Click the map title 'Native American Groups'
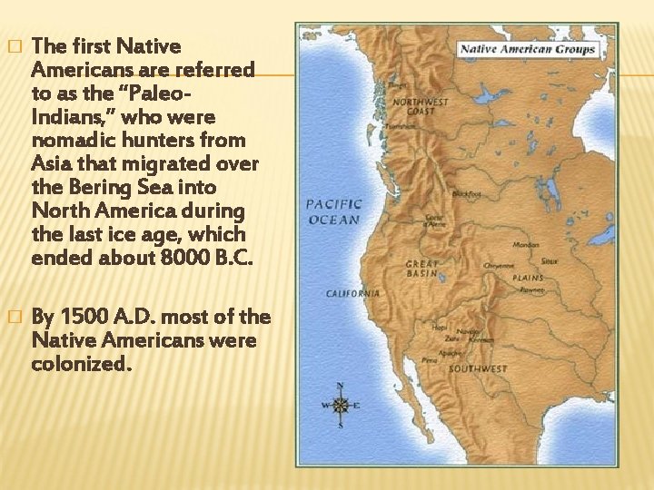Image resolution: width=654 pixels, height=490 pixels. coord(527,49)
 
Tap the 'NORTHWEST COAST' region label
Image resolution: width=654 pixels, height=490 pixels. coord(420,106)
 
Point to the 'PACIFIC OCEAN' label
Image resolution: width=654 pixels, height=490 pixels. coord(333,211)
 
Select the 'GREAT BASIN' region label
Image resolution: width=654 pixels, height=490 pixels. coord(422,268)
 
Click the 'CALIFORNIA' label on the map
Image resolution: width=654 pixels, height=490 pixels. coord(353,293)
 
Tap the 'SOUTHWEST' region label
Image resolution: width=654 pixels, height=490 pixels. coord(478,368)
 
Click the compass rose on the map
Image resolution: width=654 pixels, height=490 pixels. coord(339,405)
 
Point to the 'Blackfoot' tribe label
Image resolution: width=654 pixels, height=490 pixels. coord(468,194)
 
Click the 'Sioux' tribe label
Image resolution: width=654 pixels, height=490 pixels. coord(550,260)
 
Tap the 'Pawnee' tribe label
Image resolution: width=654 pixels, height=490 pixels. coord(531,291)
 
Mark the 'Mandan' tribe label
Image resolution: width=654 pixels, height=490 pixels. coord(526,244)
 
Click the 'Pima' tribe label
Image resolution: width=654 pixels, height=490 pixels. coord(430,360)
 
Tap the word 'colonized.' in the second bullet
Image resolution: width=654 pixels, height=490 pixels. coord(83,364)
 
